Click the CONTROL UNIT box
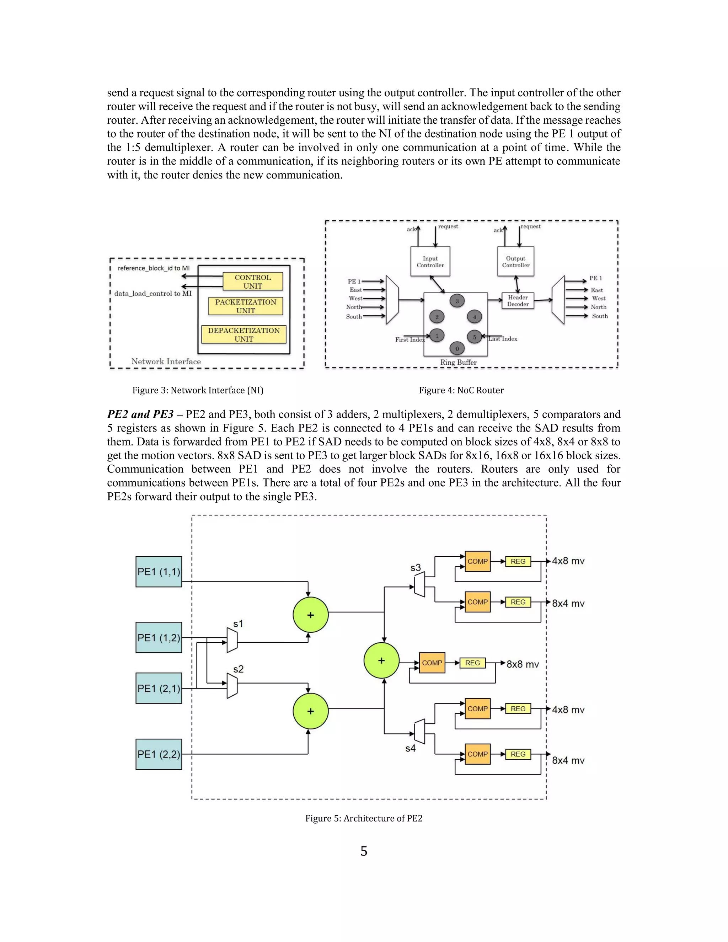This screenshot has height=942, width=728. (x=253, y=282)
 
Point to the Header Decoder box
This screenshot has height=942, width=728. (x=518, y=301)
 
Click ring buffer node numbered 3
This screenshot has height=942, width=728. (x=457, y=301)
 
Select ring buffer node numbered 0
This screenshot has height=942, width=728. (x=457, y=348)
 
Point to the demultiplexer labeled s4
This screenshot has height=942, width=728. (x=419, y=731)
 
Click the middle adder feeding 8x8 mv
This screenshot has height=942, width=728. (x=381, y=660)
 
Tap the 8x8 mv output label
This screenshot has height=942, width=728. (x=522, y=664)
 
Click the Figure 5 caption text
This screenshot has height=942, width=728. (x=364, y=818)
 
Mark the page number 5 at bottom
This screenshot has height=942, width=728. (x=364, y=851)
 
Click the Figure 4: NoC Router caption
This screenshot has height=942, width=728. (x=461, y=390)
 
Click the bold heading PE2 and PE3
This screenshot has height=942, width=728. (x=140, y=414)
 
